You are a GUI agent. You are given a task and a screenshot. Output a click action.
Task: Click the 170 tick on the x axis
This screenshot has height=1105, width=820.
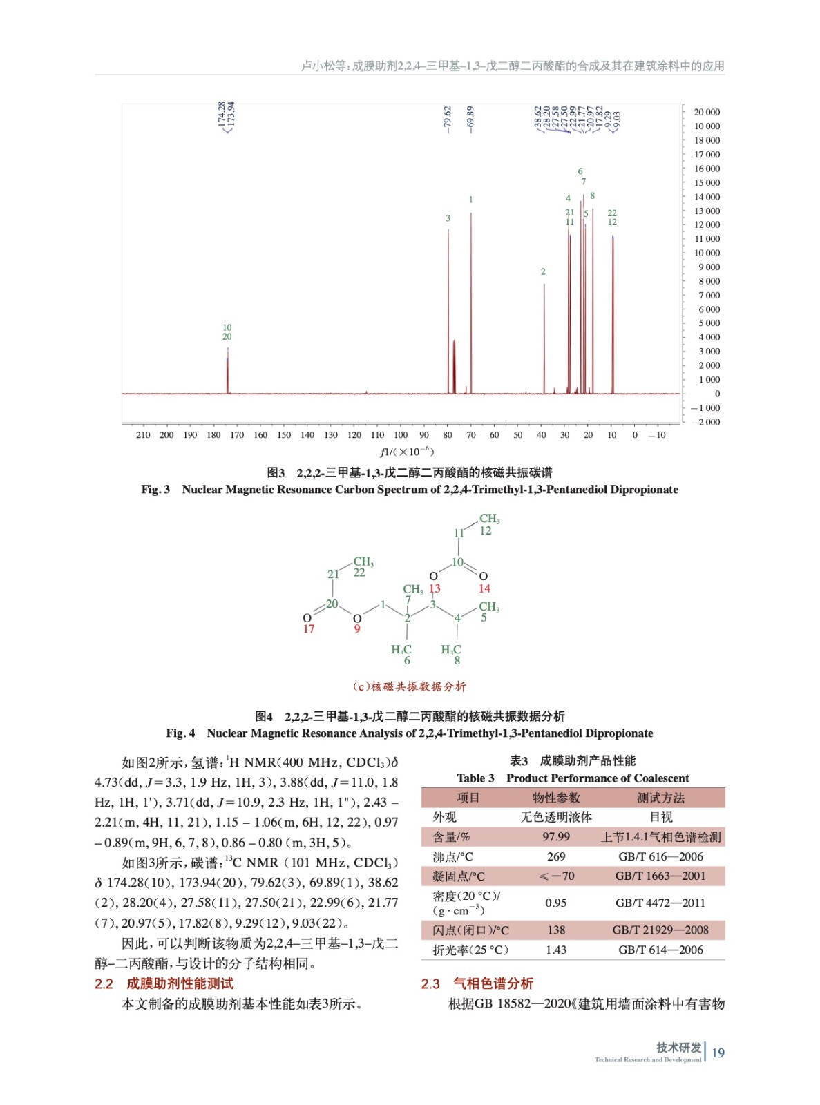tap(237, 435)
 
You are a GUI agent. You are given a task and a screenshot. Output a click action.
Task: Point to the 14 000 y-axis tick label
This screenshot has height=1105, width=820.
tap(707, 197)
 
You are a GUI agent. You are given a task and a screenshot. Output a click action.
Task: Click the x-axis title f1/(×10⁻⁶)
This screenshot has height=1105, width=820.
tap(406, 452)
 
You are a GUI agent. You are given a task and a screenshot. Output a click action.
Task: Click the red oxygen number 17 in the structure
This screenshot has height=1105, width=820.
tap(308, 629)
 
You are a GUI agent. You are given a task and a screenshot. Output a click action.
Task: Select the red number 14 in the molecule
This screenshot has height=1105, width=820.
tap(484, 588)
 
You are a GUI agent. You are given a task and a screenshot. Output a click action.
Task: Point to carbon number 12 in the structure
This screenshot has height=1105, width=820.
tap(486, 530)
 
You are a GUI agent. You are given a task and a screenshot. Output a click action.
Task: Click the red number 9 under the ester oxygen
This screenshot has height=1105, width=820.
tap(357, 629)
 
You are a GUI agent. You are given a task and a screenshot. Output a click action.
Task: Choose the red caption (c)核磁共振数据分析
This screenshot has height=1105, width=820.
tap(409, 686)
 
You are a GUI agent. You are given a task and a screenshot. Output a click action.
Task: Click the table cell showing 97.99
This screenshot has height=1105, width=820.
tap(556, 837)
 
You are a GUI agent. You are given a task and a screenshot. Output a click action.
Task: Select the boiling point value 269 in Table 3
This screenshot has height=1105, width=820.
tap(556, 857)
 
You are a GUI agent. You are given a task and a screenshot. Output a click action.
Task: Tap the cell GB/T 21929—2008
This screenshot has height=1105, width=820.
tap(660, 930)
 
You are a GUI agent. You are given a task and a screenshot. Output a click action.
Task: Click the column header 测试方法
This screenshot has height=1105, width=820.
tap(660, 798)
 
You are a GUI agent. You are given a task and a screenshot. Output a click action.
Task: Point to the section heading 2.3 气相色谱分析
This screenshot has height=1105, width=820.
tap(477, 983)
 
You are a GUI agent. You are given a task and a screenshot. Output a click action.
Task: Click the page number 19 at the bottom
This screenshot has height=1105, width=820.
tap(718, 1053)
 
